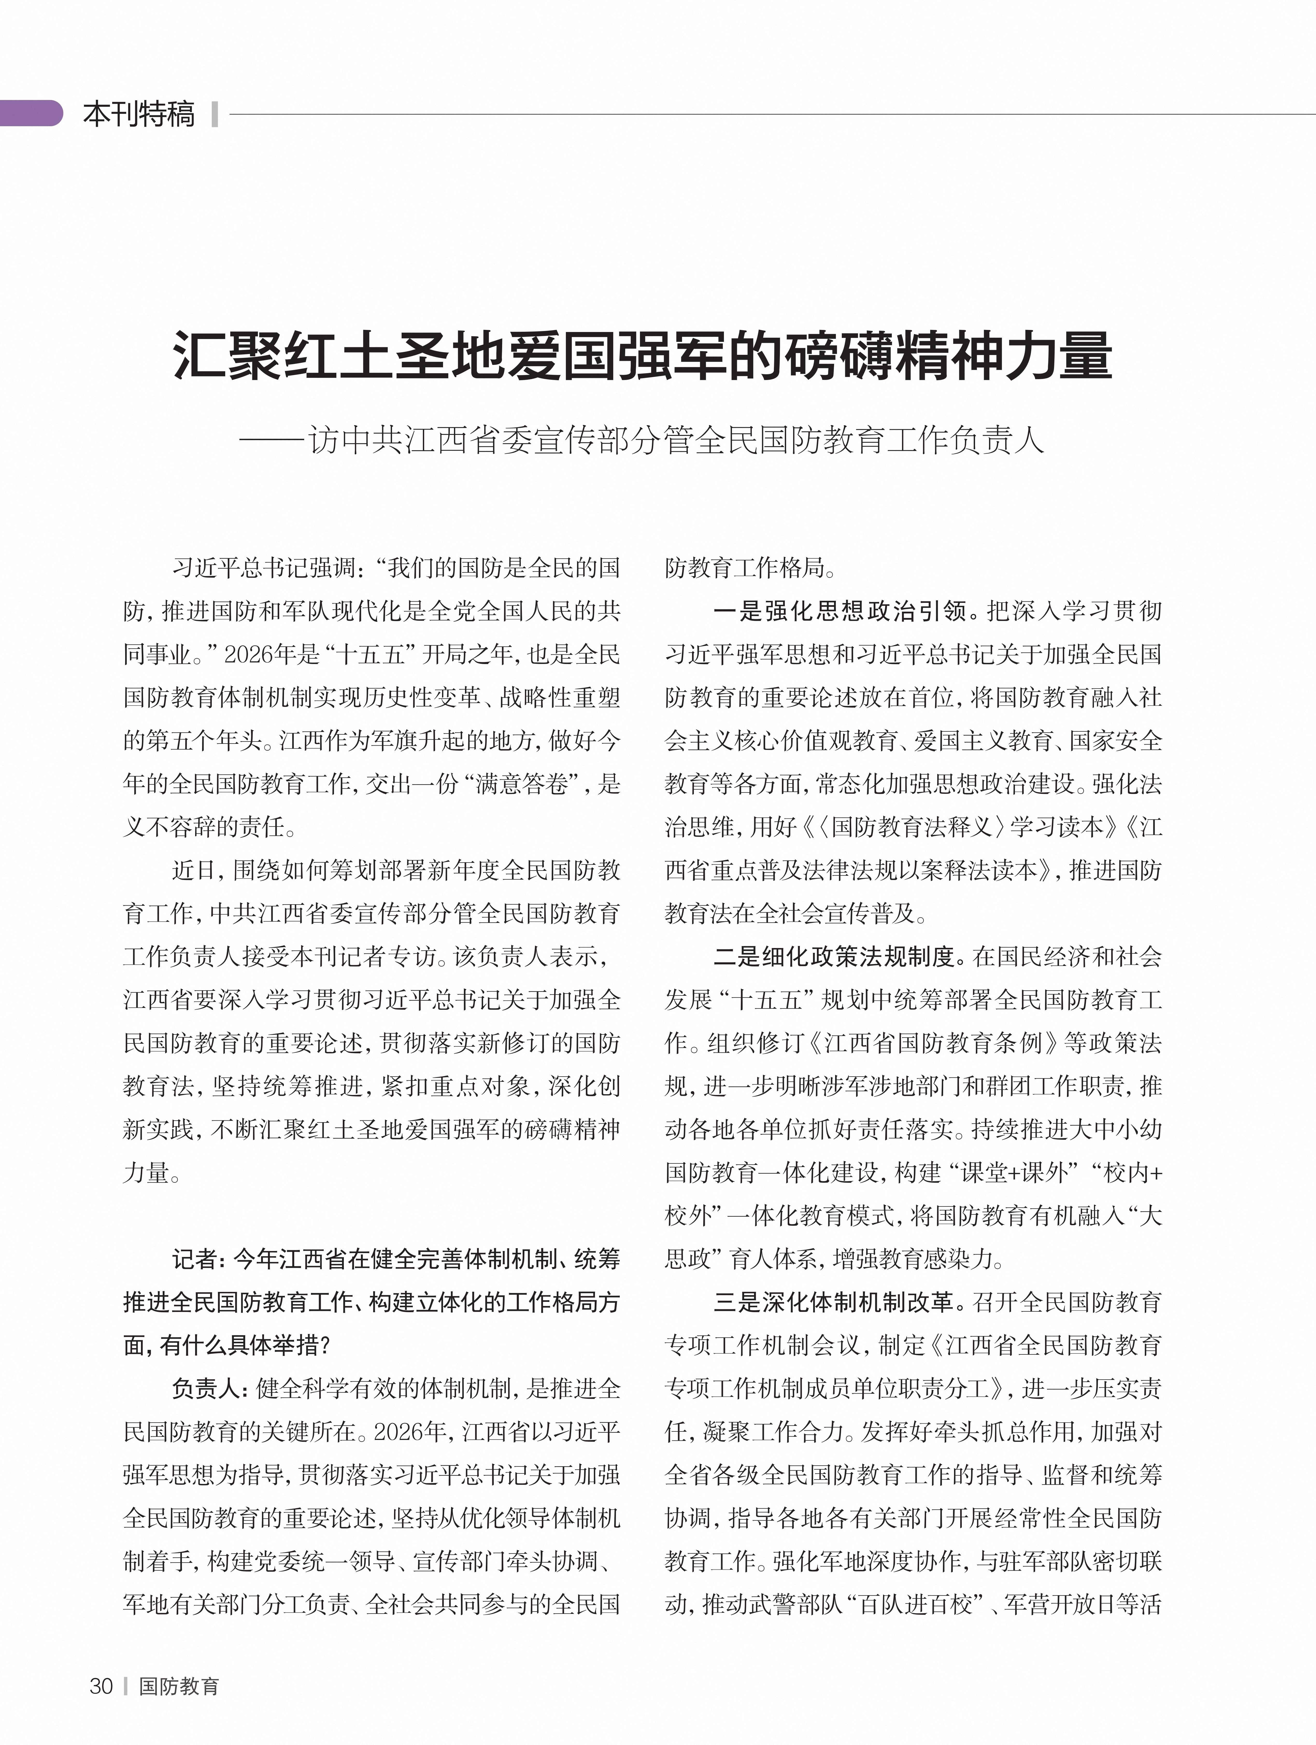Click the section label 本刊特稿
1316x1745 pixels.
coord(139,114)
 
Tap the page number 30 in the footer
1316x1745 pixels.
coord(101,1686)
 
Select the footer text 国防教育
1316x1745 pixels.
coord(179,1686)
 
